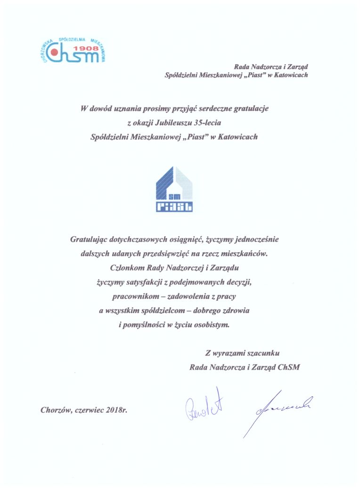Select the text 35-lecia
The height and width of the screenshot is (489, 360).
click(x=204, y=123)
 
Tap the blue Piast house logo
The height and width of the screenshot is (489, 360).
click(x=174, y=189)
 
